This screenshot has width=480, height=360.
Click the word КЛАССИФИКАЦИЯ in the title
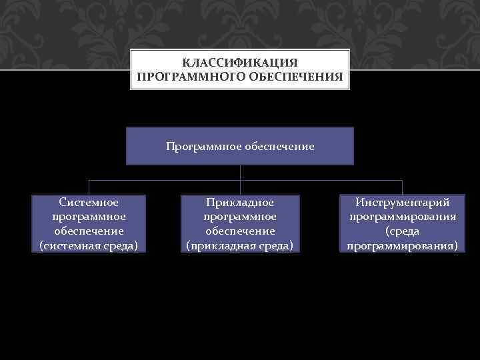[240, 62]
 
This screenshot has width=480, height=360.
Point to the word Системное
[89, 201]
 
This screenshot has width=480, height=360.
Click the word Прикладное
[240, 201]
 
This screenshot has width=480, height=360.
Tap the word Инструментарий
[403, 201]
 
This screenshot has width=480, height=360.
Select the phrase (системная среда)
[89, 245]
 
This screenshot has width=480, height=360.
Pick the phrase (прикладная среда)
[240, 245]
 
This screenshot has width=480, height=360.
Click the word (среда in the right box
[403, 231]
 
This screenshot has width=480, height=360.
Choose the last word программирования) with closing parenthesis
[403, 245]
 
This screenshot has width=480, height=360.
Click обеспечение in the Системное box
[89, 231]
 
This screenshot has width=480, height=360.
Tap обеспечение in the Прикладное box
[240, 231]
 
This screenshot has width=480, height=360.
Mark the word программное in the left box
[89, 216]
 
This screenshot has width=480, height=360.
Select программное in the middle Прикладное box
[240, 216]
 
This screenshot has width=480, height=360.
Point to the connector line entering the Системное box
[89, 187]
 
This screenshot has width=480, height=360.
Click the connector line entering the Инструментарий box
[403, 187]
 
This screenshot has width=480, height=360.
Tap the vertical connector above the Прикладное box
[240, 187]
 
